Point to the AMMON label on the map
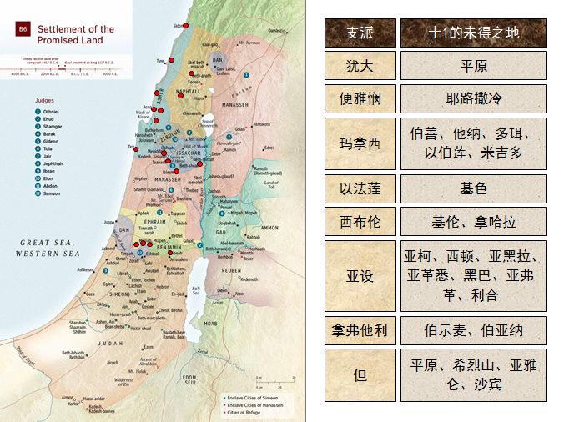[x=269, y=227]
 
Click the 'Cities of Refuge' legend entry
[x=245, y=411]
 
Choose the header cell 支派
[x=360, y=32]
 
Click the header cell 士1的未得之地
[x=473, y=32]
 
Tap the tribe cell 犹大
[x=360, y=66]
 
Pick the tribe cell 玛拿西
[x=360, y=143]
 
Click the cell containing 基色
[x=473, y=188]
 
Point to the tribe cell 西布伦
[x=360, y=221]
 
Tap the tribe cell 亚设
[x=360, y=275]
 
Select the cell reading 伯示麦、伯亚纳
[x=473, y=329]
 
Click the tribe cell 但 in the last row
[x=360, y=374]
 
